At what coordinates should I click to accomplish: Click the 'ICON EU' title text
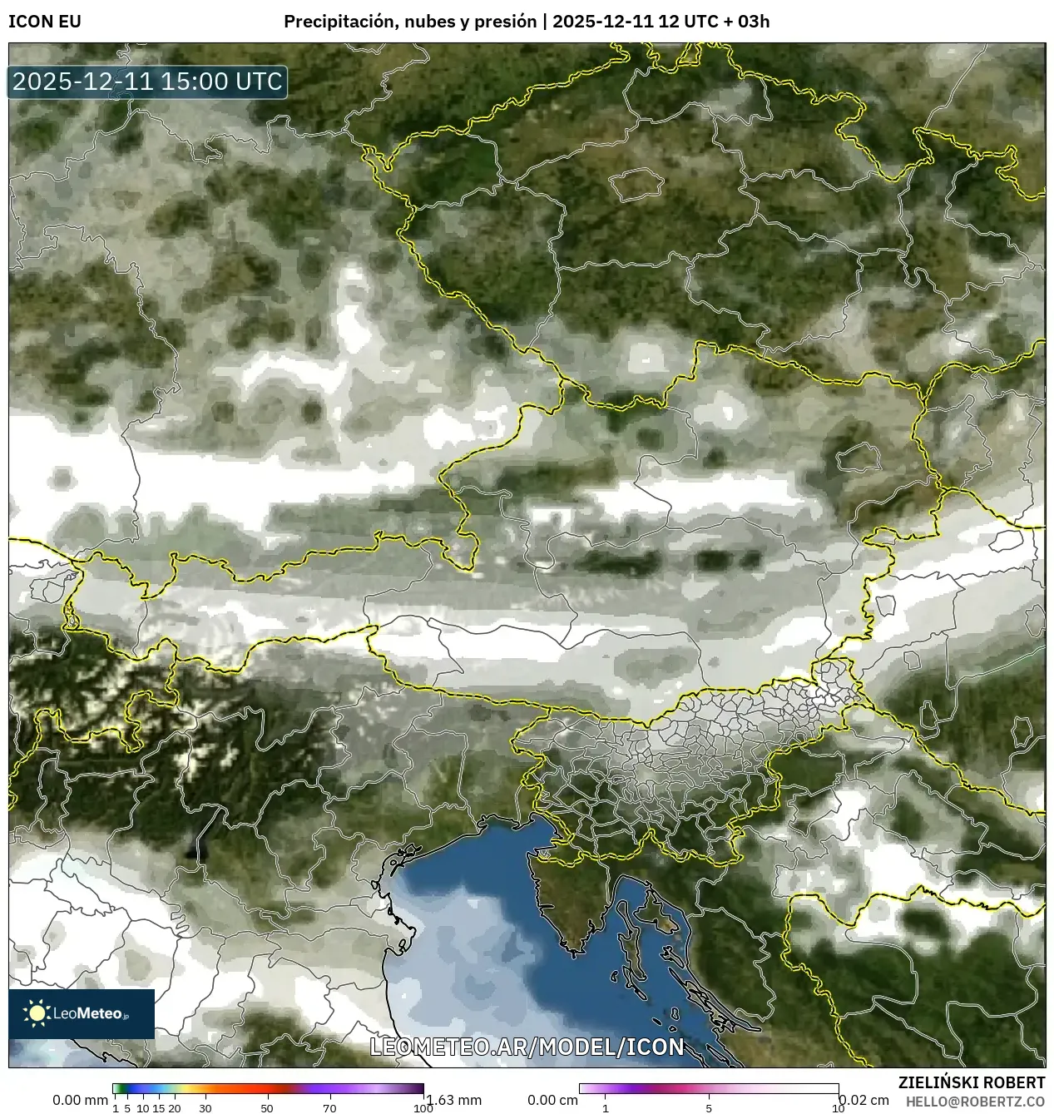click(x=45, y=22)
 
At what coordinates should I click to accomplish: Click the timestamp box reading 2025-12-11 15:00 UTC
click(x=147, y=82)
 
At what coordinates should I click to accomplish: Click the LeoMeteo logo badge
click(x=82, y=1013)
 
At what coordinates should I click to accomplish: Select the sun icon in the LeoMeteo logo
click(x=37, y=1013)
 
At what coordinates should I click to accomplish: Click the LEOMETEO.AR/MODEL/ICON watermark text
click(x=527, y=1047)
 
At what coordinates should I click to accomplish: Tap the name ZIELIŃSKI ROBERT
click(x=972, y=1082)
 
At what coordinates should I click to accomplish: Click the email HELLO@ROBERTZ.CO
click(x=975, y=1101)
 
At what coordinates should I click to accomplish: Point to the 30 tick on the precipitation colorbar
click(x=205, y=1107)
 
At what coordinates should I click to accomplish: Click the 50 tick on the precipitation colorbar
click(x=267, y=1107)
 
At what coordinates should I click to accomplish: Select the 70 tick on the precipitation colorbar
click(x=329, y=1107)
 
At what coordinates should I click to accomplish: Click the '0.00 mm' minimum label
click(x=80, y=1100)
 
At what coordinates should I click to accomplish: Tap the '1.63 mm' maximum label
click(x=453, y=1100)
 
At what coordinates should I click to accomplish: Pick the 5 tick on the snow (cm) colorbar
click(x=709, y=1107)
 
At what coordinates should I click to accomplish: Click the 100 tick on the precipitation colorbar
click(x=423, y=1107)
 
